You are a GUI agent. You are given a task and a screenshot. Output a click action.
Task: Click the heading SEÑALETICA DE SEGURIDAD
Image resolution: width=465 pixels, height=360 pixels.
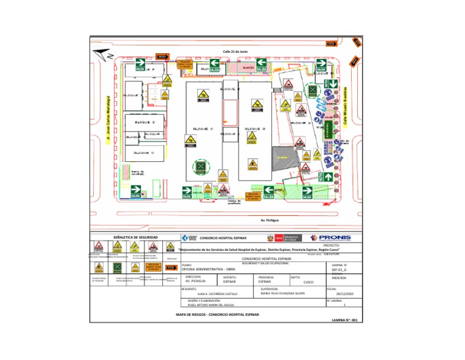132,238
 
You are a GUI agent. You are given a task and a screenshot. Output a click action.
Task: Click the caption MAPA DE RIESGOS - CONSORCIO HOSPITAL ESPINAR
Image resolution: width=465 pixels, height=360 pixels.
217,316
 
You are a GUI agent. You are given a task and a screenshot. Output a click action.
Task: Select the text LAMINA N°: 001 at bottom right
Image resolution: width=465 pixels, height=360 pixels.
346,319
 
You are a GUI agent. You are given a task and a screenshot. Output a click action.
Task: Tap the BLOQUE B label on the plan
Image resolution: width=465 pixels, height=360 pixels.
256,128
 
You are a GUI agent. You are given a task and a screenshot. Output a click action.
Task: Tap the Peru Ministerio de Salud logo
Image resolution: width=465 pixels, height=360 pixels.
283,239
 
